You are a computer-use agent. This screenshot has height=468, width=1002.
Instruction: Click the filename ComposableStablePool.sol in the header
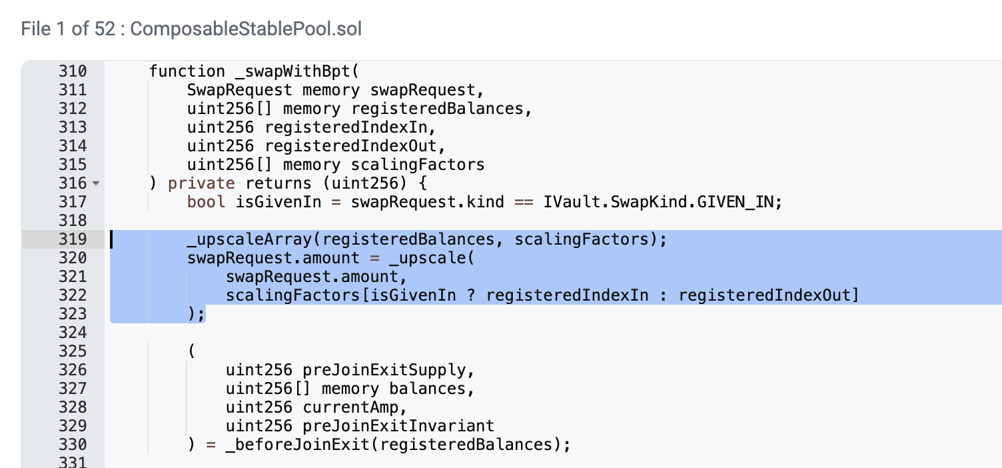[x=247, y=29]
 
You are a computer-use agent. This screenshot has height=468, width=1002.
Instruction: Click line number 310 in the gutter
[x=72, y=71]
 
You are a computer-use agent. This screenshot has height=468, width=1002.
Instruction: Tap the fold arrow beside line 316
[x=96, y=183]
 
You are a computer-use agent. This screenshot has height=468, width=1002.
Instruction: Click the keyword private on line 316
[x=201, y=183]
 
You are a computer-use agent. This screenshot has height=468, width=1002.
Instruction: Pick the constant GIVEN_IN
[x=738, y=202]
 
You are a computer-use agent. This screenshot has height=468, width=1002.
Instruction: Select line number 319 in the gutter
[x=72, y=239]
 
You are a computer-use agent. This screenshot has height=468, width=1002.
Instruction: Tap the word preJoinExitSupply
[x=388, y=370]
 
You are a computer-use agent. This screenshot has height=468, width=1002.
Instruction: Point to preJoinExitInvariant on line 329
[x=398, y=426]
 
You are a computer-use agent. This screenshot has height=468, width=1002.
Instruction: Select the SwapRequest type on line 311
[x=240, y=90]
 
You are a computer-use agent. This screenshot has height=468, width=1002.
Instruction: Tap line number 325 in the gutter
[x=72, y=351]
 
